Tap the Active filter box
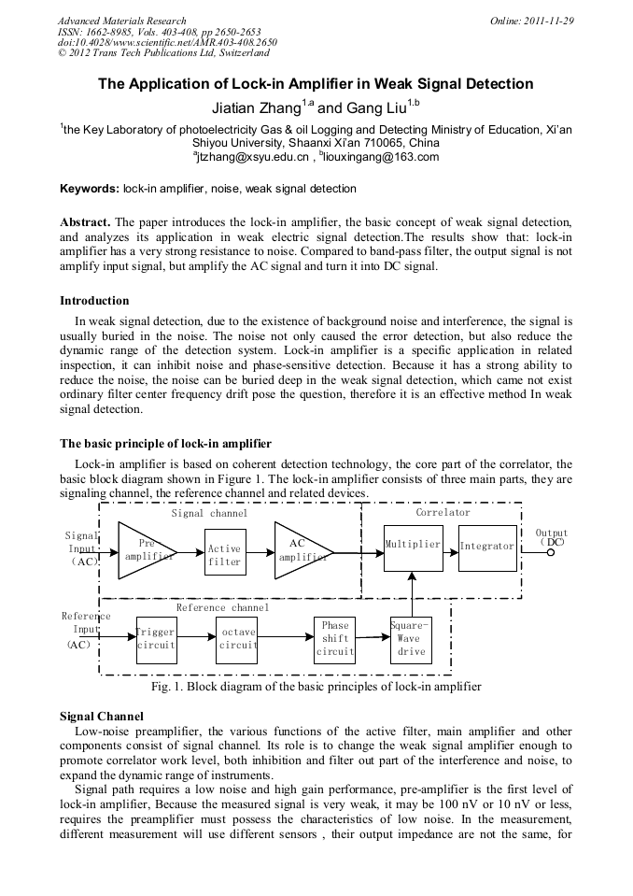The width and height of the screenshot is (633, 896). pyautogui.click(x=224, y=553)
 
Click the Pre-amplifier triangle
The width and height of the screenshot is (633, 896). pyautogui.click(x=144, y=550)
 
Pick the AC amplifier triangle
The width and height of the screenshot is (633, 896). pyautogui.click(x=301, y=550)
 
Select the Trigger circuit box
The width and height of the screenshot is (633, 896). pyautogui.click(x=156, y=640)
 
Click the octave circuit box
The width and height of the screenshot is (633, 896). pyautogui.click(x=237, y=640)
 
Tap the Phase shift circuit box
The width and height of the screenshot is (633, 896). pyautogui.click(x=334, y=639)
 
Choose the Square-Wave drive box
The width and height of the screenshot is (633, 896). pyautogui.click(x=410, y=639)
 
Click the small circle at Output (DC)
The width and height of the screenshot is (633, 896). pyautogui.click(x=550, y=552)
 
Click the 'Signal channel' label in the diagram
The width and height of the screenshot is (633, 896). pyautogui.click(x=209, y=513)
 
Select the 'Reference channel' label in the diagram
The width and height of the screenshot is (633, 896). pyautogui.click(x=222, y=607)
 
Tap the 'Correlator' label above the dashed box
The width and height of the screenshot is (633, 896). pyautogui.click(x=443, y=512)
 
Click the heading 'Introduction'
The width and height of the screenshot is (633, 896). pyautogui.click(x=94, y=301)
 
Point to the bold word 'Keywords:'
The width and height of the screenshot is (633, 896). pyautogui.click(x=90, y=189)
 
